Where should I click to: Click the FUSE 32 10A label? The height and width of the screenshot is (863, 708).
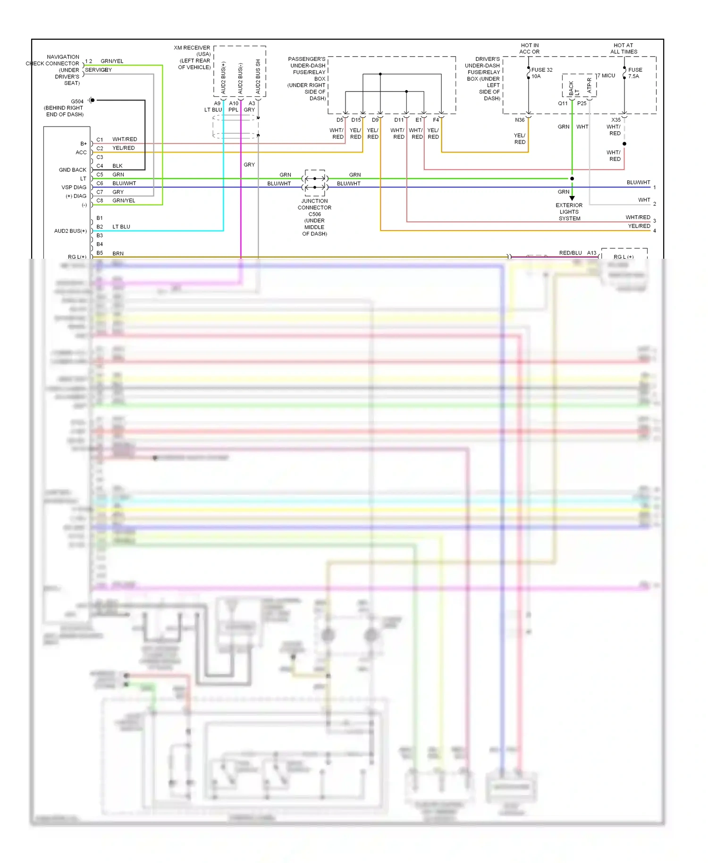click(541, 73)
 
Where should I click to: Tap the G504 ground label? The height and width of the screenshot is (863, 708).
click(77, 101)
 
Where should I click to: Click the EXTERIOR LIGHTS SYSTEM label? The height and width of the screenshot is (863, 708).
click(569, 212)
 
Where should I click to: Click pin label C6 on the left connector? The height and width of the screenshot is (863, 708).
click(100, 183)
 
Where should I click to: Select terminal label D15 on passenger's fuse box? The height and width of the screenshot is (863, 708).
click(356, 120)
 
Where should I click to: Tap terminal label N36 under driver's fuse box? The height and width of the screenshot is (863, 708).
click(519, 120)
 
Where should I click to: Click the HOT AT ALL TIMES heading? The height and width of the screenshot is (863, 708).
click(624, 49)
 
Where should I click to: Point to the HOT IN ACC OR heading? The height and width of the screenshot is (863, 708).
click(529, 49)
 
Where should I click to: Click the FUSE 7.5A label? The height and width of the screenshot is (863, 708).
click(635, 73)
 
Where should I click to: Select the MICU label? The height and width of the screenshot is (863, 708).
click(608, 76)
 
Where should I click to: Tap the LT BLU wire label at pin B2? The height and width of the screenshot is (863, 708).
click(121, 227)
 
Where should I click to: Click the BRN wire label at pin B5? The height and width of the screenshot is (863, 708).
click(118, 254)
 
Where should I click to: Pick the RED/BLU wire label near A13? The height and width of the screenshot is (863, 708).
click(570, 253)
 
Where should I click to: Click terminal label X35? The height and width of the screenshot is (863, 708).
click(616, 120)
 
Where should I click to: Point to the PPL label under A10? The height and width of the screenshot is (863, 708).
click(233, 110)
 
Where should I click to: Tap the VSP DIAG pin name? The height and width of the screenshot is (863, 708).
click(74, 187)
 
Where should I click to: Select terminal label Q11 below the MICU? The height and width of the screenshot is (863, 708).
click(563, 103)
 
